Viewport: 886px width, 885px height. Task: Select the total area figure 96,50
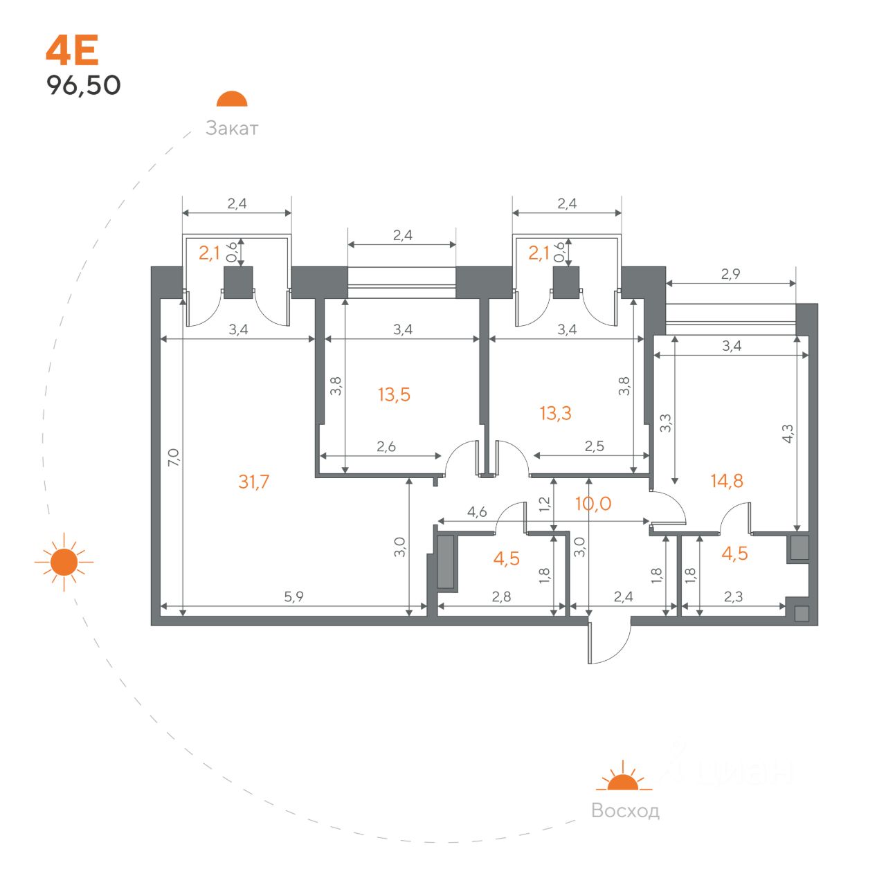pyautogui.click(x=84, y=85)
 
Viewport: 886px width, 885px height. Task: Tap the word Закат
pyautogui.click(x=232, y=128)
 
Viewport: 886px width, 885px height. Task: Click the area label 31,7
pyautogui.click(x=254, y=482)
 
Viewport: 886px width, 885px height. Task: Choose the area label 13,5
pyautogui.click(x=394, y=394)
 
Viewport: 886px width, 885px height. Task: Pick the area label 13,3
pyautogui.click(x=555, y=413)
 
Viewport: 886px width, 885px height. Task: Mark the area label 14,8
pyautogui.click(x=727, y=481)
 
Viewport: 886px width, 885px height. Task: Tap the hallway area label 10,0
pyautogui.click(x=593, y=504)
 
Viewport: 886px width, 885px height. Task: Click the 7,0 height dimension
pyautogui.click(x=173, y=457)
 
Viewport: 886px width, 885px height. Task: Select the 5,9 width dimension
pyautogui.click(x=293, y=596)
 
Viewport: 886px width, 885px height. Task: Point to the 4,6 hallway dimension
pyautogui.click(x=477, y=511)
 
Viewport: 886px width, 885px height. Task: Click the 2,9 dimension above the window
pyautogui.click(x=730, y=274)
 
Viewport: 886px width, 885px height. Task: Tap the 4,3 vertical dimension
pyautogui.click(x=788, y=433)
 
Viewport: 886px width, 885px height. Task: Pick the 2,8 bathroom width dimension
pyautogui.click(x=501, y=596)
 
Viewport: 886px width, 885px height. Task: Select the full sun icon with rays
pyautogui.click(x=64, y=562)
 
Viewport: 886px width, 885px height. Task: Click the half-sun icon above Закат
pyautogui.click(x=232, y=99)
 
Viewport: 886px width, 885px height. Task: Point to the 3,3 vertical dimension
pyautogui.click(x=665, y=423)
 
